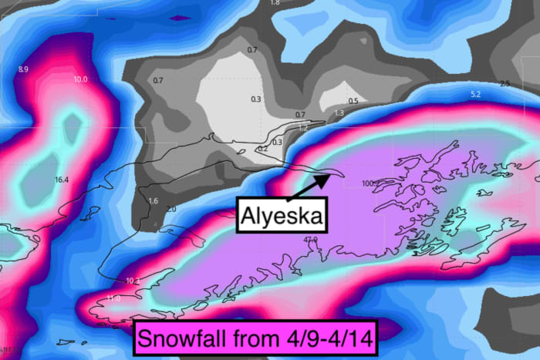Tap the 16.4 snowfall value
[62, 180]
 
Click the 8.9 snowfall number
[23, 70]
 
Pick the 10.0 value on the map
[81, 79]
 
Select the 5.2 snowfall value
[475, 94]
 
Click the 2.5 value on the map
[505, 83]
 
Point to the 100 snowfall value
[367, 183]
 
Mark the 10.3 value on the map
[132, 281]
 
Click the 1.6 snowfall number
[153, 201]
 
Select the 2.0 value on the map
[170, 209]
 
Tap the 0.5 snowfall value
[353, 101]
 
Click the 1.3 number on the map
[338, 113]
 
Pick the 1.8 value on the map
[275, 3]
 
